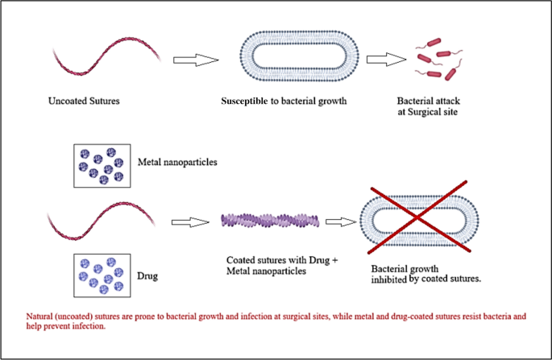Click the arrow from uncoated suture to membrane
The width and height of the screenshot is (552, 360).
coord(197,60)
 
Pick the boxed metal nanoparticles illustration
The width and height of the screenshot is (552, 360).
coord(102,165)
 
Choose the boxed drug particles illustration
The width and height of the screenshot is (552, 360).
coord(102,274)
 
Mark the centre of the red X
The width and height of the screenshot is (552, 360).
coord(418,220)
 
